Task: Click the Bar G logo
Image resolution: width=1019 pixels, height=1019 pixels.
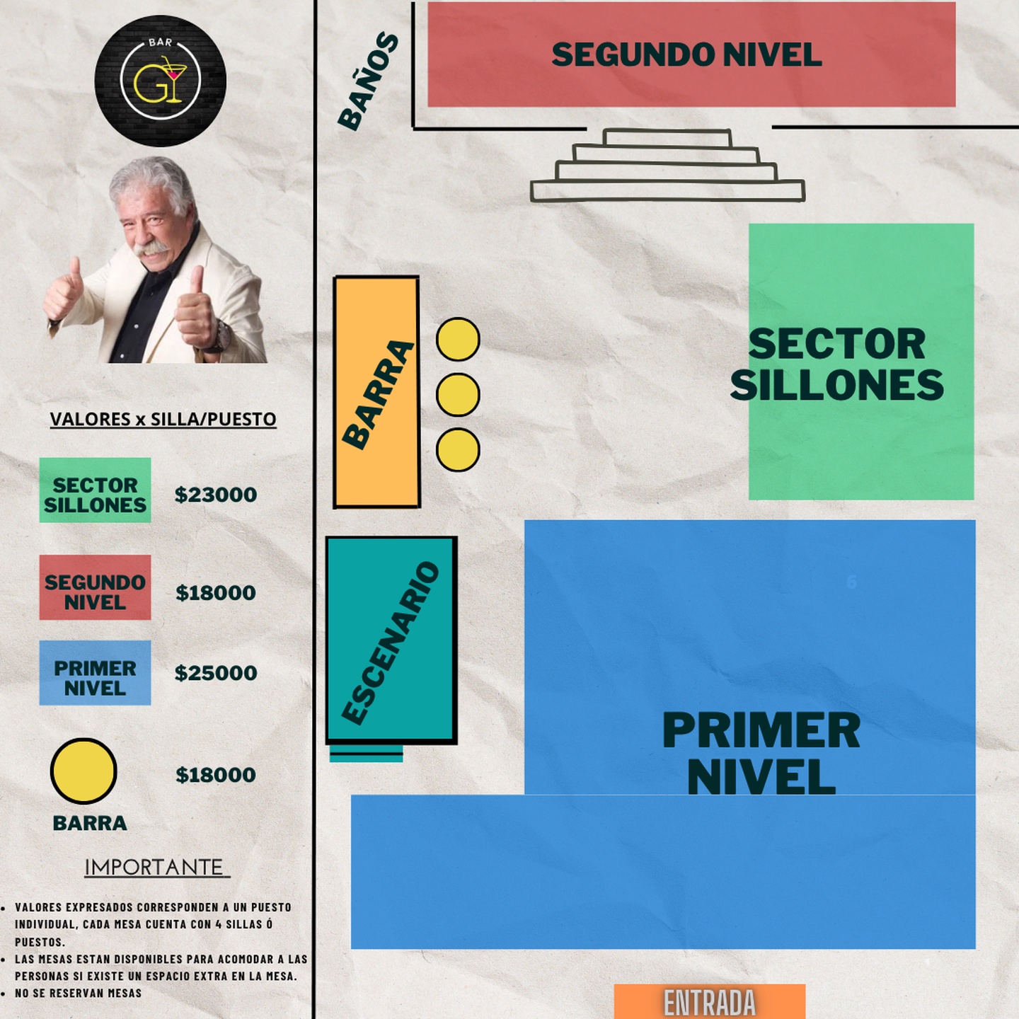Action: pyautogui.click(x=160, y=81)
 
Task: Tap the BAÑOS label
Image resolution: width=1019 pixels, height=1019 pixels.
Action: pyautogui.click(x=368, y=81)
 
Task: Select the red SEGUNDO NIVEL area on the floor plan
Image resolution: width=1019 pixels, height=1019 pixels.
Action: pyautogui.click(x=691, y=54)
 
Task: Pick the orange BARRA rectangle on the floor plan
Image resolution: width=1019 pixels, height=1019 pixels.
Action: pyautogui.click(x=376, y=392)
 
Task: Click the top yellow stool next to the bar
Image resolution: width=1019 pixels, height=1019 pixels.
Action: pyautogui.click(x=458, y=340)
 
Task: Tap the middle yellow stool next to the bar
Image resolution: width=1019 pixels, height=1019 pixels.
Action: pyautogui.click(x=458, y=394)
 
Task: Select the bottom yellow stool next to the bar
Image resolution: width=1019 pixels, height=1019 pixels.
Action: pyautogui.click(x=458, y=450)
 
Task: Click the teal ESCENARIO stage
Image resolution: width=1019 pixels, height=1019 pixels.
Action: pyautogui.click(x=391, y=640)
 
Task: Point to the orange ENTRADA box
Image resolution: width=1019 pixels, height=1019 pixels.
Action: pyautogui.click(x=710, y=1001)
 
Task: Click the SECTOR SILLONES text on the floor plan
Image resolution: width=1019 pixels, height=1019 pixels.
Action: pyautogui.click(x=837, y=364)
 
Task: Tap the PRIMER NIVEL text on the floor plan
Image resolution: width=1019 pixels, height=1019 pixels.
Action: pyautogui.click(x=761, y=753)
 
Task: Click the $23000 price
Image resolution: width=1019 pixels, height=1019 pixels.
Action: pyautogui.click(x=216, y=495)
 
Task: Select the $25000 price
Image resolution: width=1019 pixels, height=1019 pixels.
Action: pyautogui.click(x=216, y=673)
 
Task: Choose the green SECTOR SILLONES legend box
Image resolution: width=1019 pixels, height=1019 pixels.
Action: pyautogui.click(x=96, y=490)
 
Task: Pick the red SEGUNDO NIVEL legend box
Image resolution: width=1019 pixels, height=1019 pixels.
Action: pyautogui.click(x=96, y=587)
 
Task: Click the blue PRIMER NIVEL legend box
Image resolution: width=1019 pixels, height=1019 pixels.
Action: pyautogui.click(x=96, y=673)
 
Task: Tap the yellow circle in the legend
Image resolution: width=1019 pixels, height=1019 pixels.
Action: pyautogui.click(x=84, y=771)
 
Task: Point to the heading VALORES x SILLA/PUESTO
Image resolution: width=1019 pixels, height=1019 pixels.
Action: pyautogui.click(x=163, y=419)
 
